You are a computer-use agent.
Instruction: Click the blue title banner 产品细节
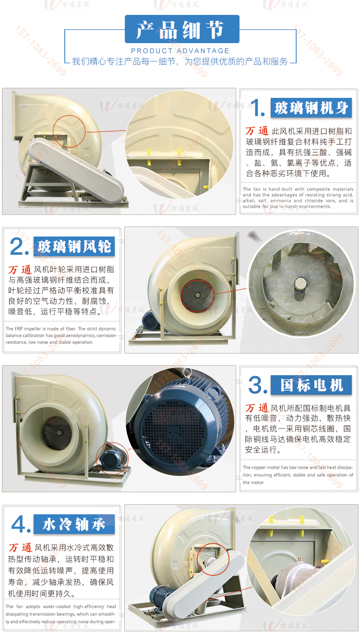181,29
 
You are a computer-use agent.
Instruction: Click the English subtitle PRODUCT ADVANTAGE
180,51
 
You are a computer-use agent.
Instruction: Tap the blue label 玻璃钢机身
312,108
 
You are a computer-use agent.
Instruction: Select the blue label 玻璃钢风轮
74,247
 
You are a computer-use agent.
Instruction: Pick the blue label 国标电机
312,385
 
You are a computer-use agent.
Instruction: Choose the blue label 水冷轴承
74,524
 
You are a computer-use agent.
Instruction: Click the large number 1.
258,108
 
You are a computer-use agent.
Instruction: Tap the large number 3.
258,385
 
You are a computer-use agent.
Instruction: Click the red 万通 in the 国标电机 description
257,408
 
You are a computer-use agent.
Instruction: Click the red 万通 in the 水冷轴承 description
20,547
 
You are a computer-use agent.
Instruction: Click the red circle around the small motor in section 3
112,459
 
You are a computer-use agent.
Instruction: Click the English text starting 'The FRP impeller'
61,335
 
